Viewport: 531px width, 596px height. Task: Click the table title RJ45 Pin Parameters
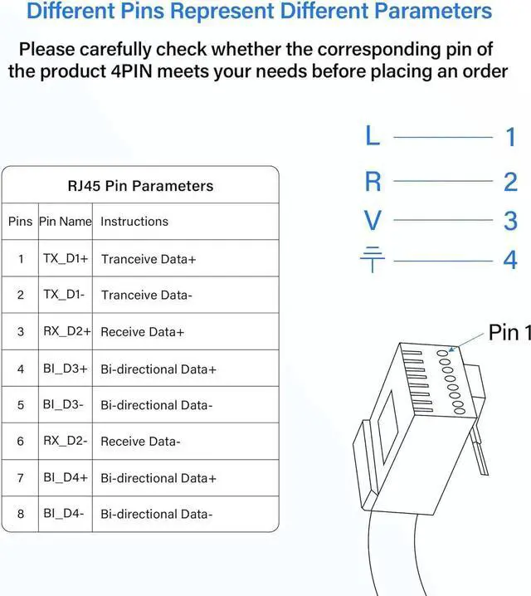(x=140, y=186)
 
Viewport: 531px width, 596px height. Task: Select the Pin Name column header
(x=65, y=222)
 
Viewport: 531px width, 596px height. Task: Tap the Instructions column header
(x=134, y=222)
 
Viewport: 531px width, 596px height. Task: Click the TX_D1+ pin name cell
(x=66, y=259)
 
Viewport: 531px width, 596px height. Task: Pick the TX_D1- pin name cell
(x=64, y=295)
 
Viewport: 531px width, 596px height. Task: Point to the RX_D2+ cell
(x=66, y=331)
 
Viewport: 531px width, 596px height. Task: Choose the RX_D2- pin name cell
(x=65, y=441)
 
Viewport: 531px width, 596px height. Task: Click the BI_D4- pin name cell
(x=64, y=514)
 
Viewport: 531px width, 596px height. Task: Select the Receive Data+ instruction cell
(x=142, y=332)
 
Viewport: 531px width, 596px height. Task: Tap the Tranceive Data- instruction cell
(x=147, y=296)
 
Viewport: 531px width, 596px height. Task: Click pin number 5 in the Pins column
(x=21, y=405)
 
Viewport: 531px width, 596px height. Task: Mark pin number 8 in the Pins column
(x=21, y=514)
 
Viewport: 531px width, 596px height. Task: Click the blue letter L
(x=373, y=135)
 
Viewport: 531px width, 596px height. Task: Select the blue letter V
(x=373, y=221)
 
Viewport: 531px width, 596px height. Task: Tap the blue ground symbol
(x=373, y=260)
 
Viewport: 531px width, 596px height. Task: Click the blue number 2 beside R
(x=510, y=182)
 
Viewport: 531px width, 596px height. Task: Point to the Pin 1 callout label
(x=509, y=333)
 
